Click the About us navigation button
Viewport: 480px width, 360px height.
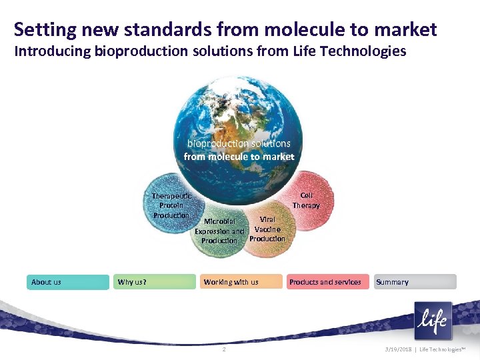tap(67, 282)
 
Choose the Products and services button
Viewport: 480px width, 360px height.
tap(327, 282)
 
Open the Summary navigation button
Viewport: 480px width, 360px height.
tap(415, 282)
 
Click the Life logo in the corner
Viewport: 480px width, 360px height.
tap(432, 321)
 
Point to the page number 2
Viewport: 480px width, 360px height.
tap(224, 350)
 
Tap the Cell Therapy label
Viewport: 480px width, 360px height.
tap(306, 201)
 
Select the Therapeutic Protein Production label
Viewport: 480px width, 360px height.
tap(171, 205)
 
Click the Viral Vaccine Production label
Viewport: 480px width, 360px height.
tap(267, 229)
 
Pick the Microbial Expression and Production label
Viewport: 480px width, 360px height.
tap(219, 231)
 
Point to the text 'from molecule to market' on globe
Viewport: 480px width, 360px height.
tap(239, 157)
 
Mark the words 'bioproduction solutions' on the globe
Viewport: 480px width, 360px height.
tap(239, 143)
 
